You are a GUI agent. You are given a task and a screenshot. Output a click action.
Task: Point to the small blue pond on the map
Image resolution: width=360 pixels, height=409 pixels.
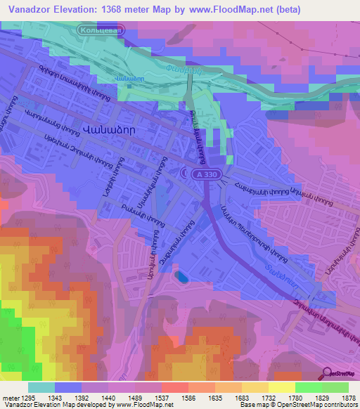(x=182, y=278)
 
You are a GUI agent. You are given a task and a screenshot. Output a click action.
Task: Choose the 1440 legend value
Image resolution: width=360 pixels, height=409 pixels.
(x=108, y=398)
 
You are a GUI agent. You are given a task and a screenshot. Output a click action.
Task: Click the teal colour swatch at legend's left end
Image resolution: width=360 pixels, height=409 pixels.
(x=41, y=387)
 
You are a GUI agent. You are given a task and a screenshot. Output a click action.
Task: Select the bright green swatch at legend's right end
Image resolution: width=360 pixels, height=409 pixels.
(x=335, y=387)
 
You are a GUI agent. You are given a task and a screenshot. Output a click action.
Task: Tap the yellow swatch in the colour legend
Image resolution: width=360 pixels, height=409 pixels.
(x=281, y=387)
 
